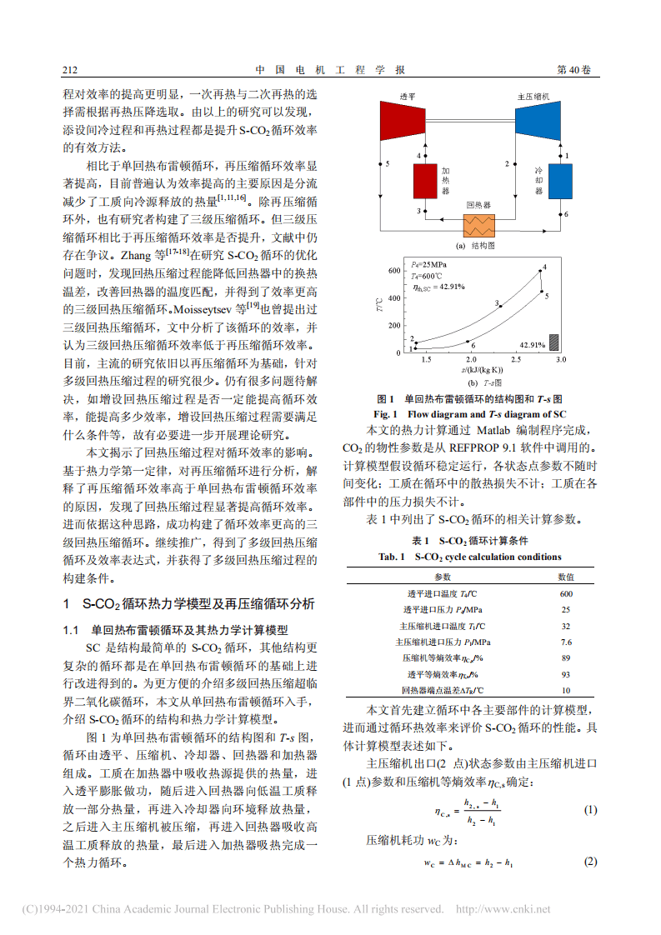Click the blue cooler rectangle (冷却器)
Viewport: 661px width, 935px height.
[559, 181]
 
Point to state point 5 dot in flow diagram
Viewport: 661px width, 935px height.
[380, 164]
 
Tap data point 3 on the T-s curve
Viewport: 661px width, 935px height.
[500, 306]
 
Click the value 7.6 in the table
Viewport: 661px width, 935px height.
[566, 642]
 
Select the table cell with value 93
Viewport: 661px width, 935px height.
[566, 674]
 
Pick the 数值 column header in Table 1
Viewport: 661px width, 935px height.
[566, 577]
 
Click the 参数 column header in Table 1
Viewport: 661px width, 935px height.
[442, 577]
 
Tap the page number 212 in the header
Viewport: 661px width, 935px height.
[71, 70]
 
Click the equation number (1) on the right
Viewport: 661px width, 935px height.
[589, 811]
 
